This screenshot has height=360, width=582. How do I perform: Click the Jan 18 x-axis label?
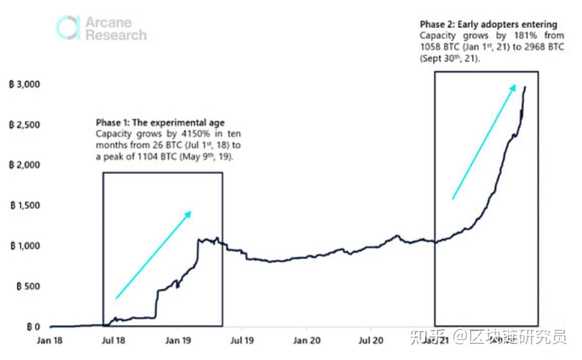coord(50,340)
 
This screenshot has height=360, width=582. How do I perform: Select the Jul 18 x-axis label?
coord(114,340)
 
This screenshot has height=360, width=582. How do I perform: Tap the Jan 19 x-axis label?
coord(178,340)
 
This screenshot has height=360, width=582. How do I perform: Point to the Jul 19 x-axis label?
coord(242,340)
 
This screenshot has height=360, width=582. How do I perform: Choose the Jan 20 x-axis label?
coord(307,340)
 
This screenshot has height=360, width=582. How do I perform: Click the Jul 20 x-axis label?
coord(371,340)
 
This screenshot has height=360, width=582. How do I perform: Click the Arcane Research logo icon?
coord(68,28)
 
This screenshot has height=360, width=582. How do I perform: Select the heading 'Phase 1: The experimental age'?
coord(160,123)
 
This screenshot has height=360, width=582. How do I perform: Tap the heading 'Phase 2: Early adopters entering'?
coord(489,24)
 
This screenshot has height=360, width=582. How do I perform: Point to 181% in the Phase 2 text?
coord(520,36)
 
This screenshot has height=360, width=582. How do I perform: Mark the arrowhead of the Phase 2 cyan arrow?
coord(513,87)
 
